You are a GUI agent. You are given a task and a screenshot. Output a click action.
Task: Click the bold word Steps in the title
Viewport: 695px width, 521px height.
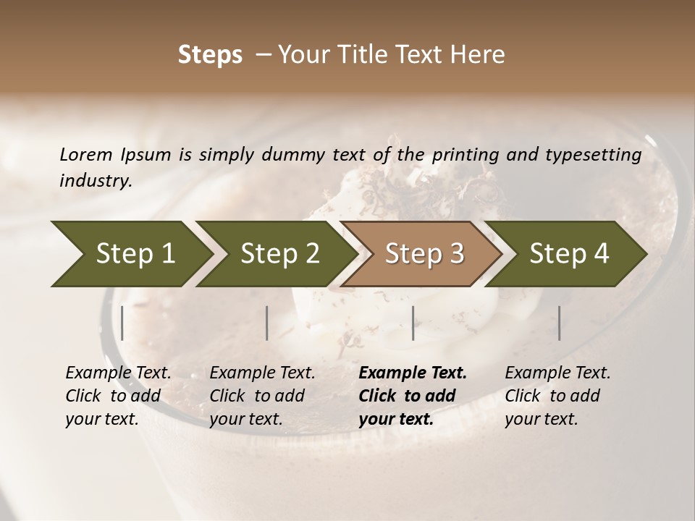pyautogui.click(x=210, y=55)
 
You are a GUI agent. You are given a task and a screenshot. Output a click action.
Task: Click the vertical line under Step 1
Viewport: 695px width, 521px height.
pyautogui.click(x=122, y=323)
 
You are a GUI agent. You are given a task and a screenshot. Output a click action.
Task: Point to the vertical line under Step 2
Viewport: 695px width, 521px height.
pyautogui.click(x=267, y=323)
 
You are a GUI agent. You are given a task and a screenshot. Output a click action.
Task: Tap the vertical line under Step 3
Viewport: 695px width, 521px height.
pyautogui.click(x=413, y=323)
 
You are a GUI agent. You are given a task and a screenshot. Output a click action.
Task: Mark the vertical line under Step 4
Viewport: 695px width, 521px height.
pyautogui.click(x=559, y=323)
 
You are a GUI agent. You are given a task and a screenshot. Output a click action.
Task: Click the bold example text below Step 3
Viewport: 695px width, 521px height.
pyautogui.click(x=413, y=396)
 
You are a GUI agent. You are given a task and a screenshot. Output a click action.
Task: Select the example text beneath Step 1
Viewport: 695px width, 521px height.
pyautogui.click(x=118, y=396)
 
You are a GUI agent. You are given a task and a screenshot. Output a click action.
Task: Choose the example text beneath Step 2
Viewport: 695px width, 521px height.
pyautogui.click(x=262, y=396)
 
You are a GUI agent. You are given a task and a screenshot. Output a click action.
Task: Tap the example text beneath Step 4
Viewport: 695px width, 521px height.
pyautogui.click(x=557, y=396)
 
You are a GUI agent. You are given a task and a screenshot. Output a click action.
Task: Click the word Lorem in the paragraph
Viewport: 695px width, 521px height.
pyautogui.click(x=85, y=154)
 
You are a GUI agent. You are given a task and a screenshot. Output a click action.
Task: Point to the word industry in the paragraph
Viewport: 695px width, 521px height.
pyautogui.click(x=96, y=180)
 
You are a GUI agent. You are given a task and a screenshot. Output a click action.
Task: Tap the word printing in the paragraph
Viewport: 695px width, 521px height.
pyautogui.click(x=466, y=154)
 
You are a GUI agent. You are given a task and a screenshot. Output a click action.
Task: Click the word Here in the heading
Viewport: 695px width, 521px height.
pyautogui.click(x=479, y=55)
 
